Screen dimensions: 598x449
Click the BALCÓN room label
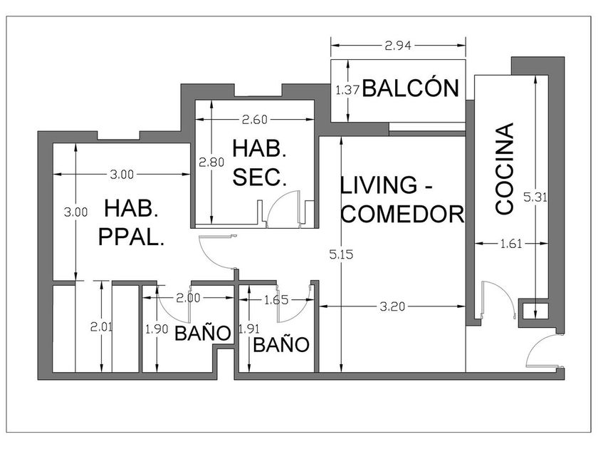tap(410, 88)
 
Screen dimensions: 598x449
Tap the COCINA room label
tap(505, 168)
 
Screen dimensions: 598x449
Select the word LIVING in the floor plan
tap(379, 185)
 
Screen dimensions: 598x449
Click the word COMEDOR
tap(402, 214)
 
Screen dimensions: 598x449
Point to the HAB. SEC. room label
tap(259, 163)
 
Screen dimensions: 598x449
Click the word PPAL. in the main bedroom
tap(132, 237)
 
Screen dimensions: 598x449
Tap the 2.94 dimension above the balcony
tap(398, 46)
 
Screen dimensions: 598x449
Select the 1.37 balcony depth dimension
tap(347, 91)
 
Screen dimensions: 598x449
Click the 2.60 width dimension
tap(255, 120)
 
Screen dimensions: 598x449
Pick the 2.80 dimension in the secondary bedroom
tap(211, 162)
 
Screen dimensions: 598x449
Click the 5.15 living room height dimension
tap(341, 254)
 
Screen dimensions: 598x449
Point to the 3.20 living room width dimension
tap(392, 306)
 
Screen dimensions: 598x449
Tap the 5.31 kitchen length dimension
tap(535, 197)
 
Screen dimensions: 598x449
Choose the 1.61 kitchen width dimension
tap(511, 243)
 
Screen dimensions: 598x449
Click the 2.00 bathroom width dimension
tap(188, 298)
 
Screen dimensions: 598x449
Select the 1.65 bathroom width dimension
tap(276, 300)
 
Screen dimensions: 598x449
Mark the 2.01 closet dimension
tap(101, 327)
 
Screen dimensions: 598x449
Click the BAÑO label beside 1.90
tap(203, 334)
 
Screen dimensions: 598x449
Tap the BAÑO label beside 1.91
tap(281, 345)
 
